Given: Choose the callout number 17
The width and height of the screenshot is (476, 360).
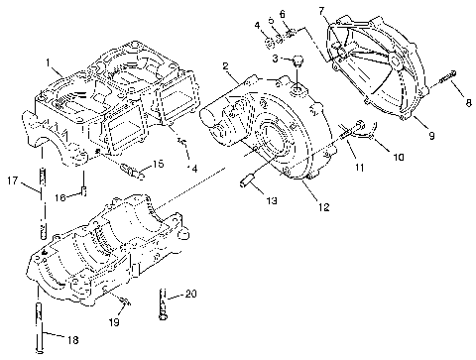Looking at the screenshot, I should pyautogui.click(x=12, y=180).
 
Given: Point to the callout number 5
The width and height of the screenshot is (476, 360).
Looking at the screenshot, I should pyautogui.click(x=270, y=21).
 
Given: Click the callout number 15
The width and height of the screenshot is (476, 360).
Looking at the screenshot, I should pyautogui.click(x=157, y=164).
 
